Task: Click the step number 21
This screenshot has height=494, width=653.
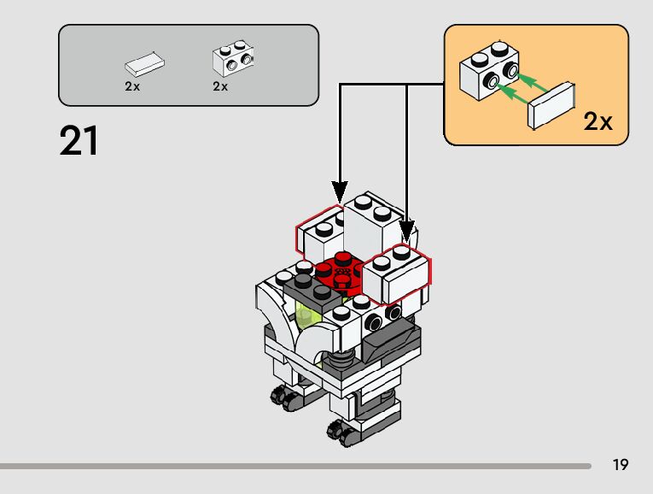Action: [79, 140]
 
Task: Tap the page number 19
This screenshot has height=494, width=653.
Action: [620, 464]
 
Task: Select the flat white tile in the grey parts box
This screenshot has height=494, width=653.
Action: [144, 65]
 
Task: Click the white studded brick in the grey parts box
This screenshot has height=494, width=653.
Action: [233, 58]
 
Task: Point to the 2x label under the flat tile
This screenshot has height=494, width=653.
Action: [132, 86]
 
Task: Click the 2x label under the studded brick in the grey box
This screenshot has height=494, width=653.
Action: [220, 86]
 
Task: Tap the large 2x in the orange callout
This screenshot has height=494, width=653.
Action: [598, 121]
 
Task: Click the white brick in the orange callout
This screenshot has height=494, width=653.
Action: [489, 71]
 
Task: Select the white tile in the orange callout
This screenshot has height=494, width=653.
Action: [551, 105]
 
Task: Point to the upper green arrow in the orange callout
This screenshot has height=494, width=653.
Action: [532, 83]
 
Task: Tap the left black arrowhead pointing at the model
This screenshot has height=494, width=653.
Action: [340, 192]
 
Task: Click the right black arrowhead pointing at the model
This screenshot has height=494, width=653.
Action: [407, 232]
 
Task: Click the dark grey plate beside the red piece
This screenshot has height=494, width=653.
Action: [312, 290]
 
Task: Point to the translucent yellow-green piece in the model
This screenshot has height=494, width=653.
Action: [306, 315]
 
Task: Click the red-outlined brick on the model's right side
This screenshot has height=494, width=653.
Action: [397, 273]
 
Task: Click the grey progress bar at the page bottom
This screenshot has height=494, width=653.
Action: [295, 466]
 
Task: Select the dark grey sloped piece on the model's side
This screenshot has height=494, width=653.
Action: [389, 340]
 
